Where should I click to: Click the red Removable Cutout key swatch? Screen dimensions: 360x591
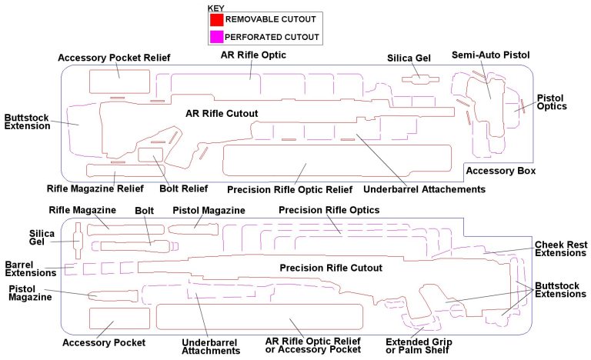coord(215,18)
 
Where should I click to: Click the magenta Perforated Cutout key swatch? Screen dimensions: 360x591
coord(215,36)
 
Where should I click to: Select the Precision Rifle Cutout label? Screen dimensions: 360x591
coord(331,268)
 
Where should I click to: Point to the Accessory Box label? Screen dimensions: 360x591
coord(501,171)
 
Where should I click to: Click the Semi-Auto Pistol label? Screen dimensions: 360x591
coord(491,55)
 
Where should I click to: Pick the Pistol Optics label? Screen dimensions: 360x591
coord(552,102)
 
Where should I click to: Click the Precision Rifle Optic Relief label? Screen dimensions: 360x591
coord(289,189)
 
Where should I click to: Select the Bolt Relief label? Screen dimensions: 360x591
coord(183,188)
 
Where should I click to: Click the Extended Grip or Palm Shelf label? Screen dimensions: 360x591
coord(419,346)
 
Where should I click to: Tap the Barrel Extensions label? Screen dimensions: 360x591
coord(30,268)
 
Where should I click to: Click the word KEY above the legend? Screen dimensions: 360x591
coord(216,8)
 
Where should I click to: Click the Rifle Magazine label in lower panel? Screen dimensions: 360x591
coord(82,210)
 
